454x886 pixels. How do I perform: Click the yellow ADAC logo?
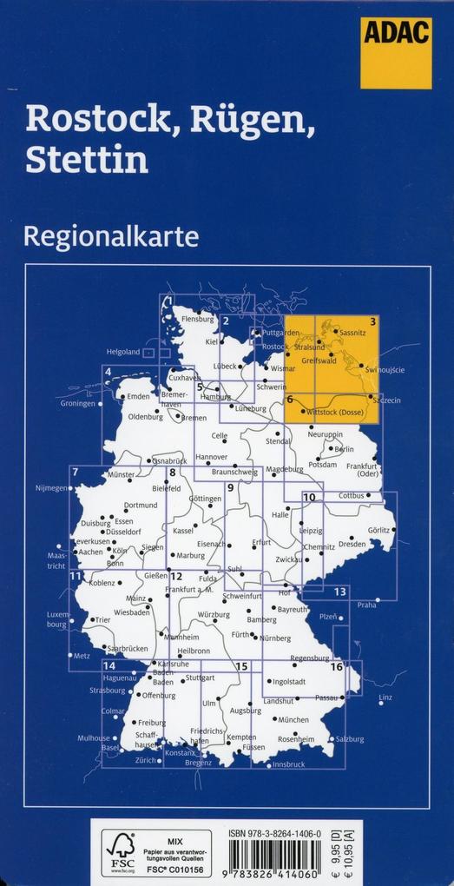(396, 52)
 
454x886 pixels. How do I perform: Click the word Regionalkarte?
(112, 235)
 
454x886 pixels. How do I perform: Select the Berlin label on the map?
(344, 449)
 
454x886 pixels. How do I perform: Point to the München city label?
(293, 720)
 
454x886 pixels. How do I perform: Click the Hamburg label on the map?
(215, 397)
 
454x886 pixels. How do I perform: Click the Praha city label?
(366, 605)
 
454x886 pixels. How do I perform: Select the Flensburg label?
(197, 319)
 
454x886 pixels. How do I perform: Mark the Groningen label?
(78, 404)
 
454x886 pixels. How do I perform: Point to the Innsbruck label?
(288, 764)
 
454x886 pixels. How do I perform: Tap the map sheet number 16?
(336, 666)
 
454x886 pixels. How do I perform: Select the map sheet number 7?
(76, 473)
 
